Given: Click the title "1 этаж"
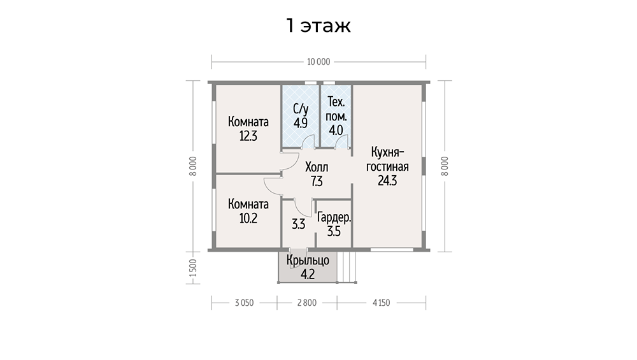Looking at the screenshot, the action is click(318, 25).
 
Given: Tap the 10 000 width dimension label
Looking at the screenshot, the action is click(318, 62).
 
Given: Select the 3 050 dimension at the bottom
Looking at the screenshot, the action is click(244, 303).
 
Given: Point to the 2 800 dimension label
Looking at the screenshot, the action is click(307, 303).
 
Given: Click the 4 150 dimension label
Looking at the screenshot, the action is click(381, 303).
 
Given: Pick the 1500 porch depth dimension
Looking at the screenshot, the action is click(193, 268).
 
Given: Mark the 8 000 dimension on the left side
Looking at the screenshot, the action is click(193, 166).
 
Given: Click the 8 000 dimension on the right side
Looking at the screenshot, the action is click(445, 166).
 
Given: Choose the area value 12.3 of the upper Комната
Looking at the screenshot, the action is click(248, 136).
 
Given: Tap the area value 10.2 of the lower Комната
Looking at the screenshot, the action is click(248, 219).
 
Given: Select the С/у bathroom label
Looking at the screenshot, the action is click(301, 109).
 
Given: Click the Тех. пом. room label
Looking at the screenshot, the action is click(336, 109).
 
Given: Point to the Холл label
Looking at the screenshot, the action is click(317, 167).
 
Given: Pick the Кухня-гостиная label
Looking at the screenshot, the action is click(387, 159).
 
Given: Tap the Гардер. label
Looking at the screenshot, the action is click(334, 218).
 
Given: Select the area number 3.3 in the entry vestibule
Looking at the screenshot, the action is click(299, 224).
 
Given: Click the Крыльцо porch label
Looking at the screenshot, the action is click(308, 260).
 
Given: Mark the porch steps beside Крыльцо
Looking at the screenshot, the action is click(347, 267).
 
